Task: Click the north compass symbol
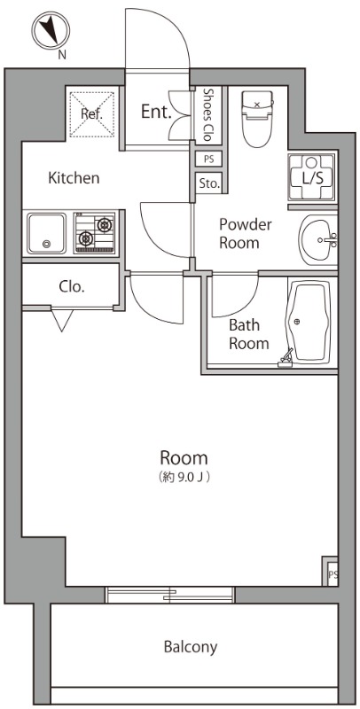pos(51,30)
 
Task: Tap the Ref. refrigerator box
pos(92,114)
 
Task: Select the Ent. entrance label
pos(156,112)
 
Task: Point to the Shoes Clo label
pos(207,114)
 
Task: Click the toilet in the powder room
pos(258,119)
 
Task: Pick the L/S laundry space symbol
pos(312,176)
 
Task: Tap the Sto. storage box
pos(209,184)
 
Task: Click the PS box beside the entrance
pos(208,160)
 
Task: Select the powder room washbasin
pos(318,239)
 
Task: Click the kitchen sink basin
pos(46,233)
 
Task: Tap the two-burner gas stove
pos(94,231)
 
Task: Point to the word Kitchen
pos(74,178)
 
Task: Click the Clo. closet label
pos(72,286)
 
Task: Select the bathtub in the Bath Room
pos(308,322)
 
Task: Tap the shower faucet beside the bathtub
pos(286,358)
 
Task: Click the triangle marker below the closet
pos(62,321)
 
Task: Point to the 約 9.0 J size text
pos(184,477)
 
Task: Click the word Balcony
pos(191,647)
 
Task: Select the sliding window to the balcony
pos(169,595)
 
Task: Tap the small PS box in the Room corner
pos(332,572)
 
